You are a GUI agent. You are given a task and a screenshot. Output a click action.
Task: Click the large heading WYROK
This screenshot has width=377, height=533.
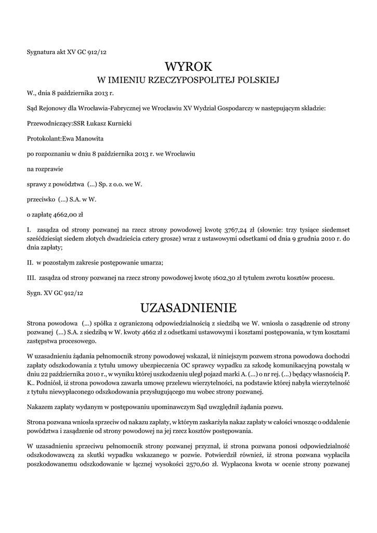click(x=188, y=67)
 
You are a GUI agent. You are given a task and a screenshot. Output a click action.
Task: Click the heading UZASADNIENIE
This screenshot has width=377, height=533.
click(x=188, y=306)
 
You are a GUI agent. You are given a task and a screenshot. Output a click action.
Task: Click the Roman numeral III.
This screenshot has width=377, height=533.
click(x=31, y=277)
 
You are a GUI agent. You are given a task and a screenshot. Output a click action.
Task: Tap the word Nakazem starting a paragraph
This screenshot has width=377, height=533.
click(x=40, y=406)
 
